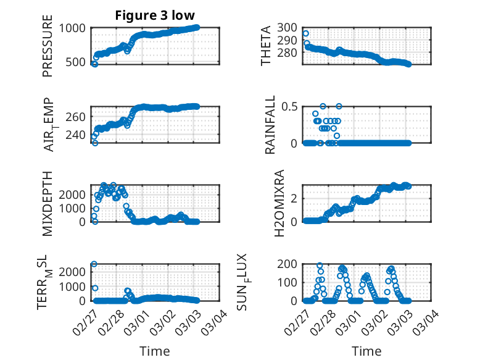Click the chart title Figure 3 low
click(x=155, y=15)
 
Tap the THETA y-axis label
click(x=266, y=46)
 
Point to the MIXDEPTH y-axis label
click(x=48, y=203)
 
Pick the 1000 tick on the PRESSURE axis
click(x=75, y=28)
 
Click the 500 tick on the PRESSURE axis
click(x=79, y=62)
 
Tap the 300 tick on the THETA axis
click(x=288, y=28)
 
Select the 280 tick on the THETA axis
click(x=288, y=52)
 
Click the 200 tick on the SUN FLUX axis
click(x=288, y=264)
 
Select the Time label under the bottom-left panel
click(x=155, y=351)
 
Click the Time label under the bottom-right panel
click(x=366, y=351)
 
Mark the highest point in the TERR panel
click(x=94, y=264)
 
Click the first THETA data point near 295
click(x=305, y=33)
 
